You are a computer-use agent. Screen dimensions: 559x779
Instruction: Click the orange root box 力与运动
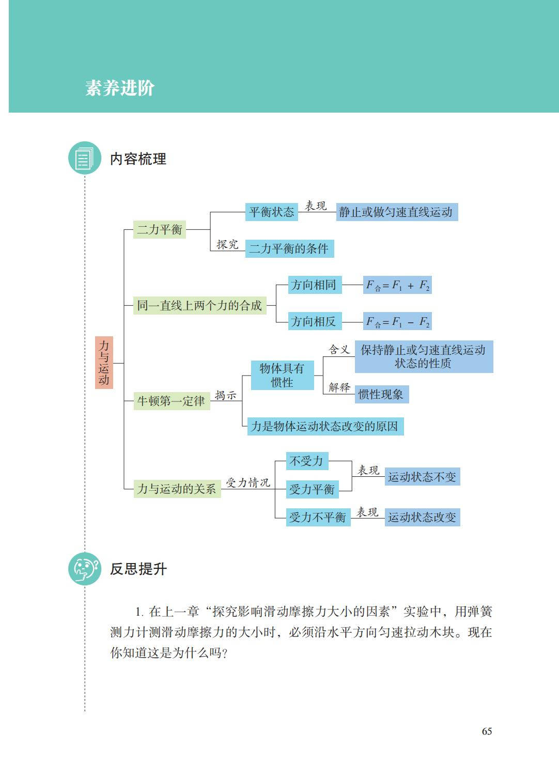click(104, 362)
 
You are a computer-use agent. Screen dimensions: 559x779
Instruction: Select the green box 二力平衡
click(160, 229)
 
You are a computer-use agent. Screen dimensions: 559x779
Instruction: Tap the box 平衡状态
click(272, 212)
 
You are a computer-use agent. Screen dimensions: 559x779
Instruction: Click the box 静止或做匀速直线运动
click(397, 212)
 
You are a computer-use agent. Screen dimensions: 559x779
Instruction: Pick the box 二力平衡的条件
click(289, 248)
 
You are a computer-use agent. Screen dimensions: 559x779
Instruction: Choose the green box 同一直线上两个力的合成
click(199, 305)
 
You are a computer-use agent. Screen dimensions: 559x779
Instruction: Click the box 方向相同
click(315, 285)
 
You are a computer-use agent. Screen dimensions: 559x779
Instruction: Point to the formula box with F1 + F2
click(397, 285)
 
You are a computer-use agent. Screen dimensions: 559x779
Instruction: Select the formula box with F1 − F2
click(397, 321)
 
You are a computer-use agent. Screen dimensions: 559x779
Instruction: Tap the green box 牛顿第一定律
click(172, 401)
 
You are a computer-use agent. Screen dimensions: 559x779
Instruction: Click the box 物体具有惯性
click(283, 375)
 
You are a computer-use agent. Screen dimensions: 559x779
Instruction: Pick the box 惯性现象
click(382, 394)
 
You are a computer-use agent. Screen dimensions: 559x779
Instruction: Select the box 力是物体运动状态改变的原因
click(325, 426)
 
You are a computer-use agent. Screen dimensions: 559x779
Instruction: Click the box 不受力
click(307, 461)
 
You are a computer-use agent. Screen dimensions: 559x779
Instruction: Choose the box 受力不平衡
click(318, 517)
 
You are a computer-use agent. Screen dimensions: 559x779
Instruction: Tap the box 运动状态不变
click(422, 476)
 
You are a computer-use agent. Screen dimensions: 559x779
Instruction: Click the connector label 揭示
click(225, 395)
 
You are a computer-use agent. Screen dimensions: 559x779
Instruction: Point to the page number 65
click(487, 731)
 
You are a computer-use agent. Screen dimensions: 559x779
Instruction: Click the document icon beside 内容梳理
click(85, 158)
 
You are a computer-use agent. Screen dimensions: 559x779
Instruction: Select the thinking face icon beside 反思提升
click(85, 569)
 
